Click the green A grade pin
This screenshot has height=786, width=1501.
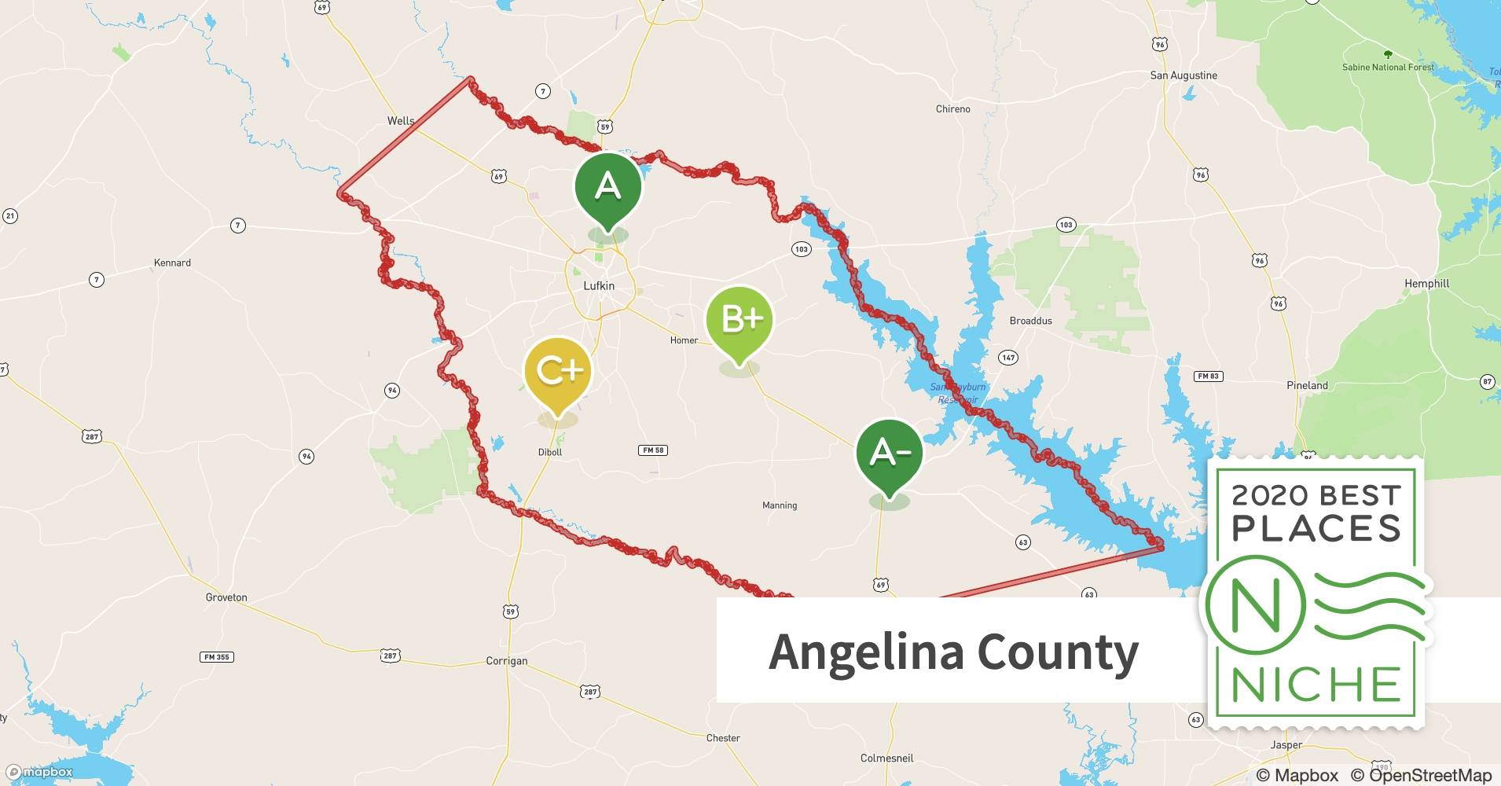click(x=607, y=187)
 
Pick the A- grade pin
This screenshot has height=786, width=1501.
click(x=889, y=453)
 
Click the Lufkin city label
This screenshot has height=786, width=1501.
click(x=599, y=286)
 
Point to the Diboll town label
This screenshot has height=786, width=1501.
click(x=550, y=452)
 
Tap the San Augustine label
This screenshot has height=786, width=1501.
click(x=1184, y=75)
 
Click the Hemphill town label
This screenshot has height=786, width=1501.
click(x=1426, y=284)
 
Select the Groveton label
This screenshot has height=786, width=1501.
click(x=226, y=597)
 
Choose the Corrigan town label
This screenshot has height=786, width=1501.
click(x=507, y=661)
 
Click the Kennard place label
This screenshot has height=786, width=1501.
click(x=172, y=263)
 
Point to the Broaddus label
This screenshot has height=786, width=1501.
click(x=1030, y=321)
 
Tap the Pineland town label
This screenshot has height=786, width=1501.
click(x=1307, y=385)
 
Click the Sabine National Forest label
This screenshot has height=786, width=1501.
click(x=1388, y=68)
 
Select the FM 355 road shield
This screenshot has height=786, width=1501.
click(x=217, y=657)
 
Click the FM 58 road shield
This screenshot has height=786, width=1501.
click(x=653, y=450)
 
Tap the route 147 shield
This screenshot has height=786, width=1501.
click(x=1008, y=358)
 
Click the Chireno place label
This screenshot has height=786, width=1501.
click(x=952, y=109)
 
